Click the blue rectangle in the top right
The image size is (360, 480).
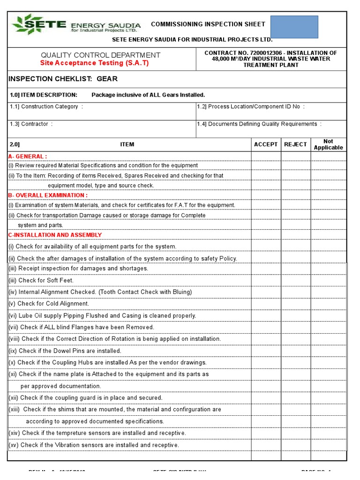(x=294, y=27)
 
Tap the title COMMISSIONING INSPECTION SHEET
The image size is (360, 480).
(x=208, y=24)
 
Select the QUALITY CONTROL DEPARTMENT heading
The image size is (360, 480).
(x=100, y=55)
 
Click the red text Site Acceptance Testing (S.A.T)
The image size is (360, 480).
(x=94, y=63)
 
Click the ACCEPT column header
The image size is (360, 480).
(x=266, y=144)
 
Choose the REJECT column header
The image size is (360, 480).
(x=295, y=144)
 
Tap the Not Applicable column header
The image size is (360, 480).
(x=328, y=144)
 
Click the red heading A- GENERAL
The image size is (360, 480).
(x=28, y=156)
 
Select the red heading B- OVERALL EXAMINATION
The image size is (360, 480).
(x=48, y=195)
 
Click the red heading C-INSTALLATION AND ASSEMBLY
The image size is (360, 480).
(x=55, y=235)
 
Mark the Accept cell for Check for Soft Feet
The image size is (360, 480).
(x=266, y=280)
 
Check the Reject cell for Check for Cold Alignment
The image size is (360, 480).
(x=295, y=304)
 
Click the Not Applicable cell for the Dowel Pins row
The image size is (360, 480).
(x=328, y=351)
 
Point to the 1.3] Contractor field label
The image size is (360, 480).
(x=31, y=124)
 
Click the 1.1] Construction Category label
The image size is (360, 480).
(x=46, y=107)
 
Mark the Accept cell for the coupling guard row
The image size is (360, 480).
(x=266, y=397)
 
